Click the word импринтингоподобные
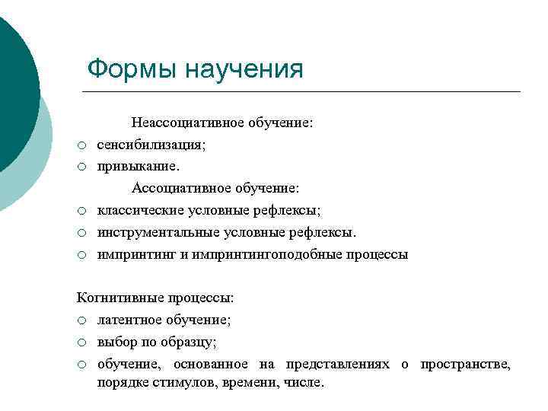click(268, 254)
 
